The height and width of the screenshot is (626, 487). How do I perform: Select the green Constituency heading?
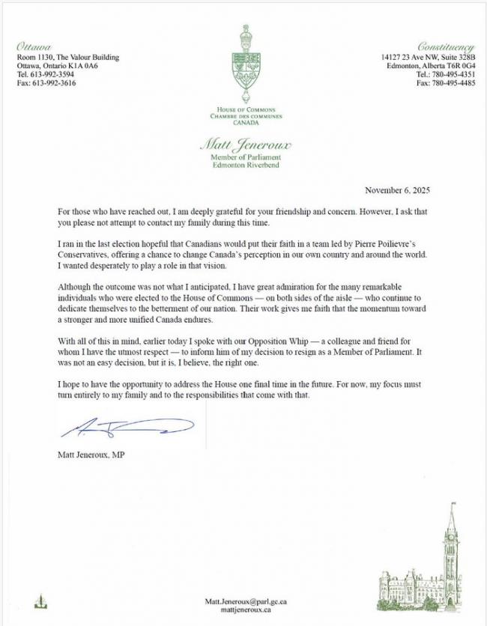point(446,46)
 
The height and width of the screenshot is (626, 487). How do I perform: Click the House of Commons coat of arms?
point(243,63)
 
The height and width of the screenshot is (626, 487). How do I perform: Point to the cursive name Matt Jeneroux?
point(244,145)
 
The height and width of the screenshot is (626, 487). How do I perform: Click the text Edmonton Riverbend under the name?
point(244,165)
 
